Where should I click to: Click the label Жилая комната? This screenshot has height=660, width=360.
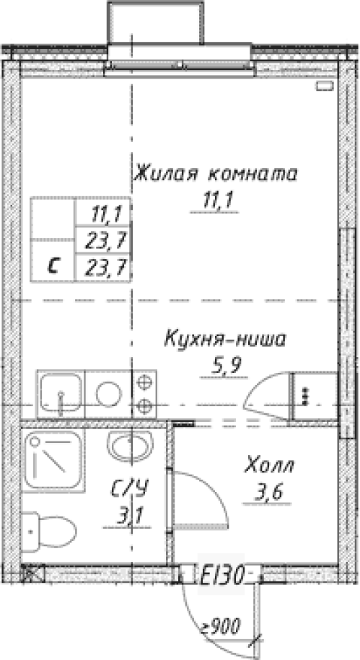pyautogui.click(x=215, y=173)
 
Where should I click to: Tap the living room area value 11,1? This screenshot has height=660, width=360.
pyautogui.click(x=215, y=202)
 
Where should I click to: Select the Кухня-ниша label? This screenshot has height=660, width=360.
pyautogui.click(x=225, y=338)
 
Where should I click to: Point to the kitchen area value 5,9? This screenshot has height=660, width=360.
pyautogui.click(x=225, y=367)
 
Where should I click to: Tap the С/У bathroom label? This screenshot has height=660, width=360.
pyautogui.click(x=130, y=488)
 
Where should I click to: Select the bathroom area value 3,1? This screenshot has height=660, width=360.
pyautogui.click(x=130, y=516)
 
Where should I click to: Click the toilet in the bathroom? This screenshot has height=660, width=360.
pyautogui.click(x=48, y=531)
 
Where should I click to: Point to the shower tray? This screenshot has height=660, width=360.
pyautogui.click(x=53, y=460)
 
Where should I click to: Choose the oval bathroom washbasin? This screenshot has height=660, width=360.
pyautogui.click(x=130, y=446)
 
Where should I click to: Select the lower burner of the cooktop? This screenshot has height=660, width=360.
pyautogui.click(x=144, y=406)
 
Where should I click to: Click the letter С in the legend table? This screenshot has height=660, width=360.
pyautogui.click(x=53, y=266)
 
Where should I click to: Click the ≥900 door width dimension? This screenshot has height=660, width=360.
pyautogui.click(x=220, y=625)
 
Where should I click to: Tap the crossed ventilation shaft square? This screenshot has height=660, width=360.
pyautogui.click(x=32, y=573)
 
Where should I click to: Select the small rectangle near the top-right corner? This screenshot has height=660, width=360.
pyautogui.click(x=325, y=86)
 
